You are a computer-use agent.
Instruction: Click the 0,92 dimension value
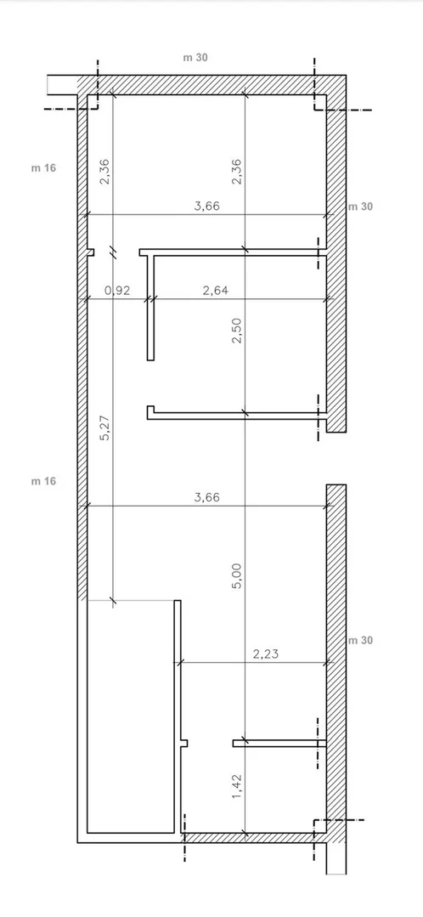click(x=116, y=290)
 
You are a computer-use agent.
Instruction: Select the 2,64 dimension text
click(x=215, y=290)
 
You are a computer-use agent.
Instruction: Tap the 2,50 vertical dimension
click(x=237, y=331)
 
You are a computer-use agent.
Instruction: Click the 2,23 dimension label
click(x=266, y=654)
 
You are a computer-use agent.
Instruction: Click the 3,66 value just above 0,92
click(x=206, y=206)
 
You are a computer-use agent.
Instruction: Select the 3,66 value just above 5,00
click(x=206, y=497)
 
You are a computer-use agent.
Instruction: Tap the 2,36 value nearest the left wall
click(x=105, y=172)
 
